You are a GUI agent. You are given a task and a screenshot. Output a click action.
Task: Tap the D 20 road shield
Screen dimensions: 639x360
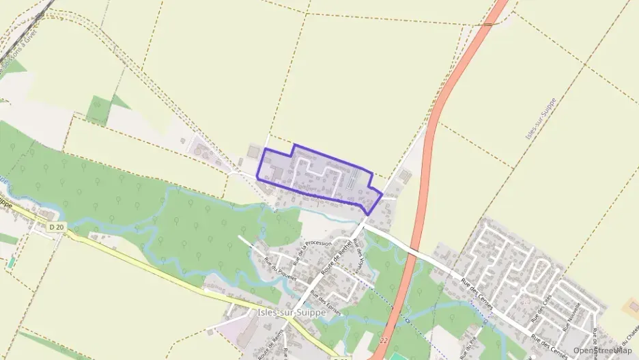pyautogui.click(x=56, y=226)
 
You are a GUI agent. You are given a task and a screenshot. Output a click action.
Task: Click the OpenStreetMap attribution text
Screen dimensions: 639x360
pyautogui.click(x=602, y=350)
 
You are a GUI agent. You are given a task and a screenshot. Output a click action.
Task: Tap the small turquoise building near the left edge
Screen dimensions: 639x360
pyautogui.click(x=11, y=262)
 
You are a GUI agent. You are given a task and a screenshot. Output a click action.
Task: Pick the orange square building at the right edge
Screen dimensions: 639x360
pyautogui.click(x=632, y=307)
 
